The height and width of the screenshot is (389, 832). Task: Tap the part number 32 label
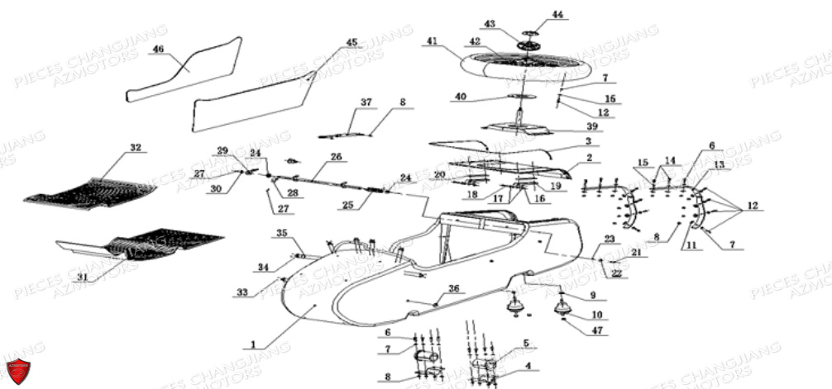pos(136,148)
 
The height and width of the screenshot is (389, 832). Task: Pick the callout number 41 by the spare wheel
pos(432,40)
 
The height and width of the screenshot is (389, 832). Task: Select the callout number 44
pos(557,15)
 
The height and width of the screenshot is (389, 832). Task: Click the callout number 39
pos(592,126)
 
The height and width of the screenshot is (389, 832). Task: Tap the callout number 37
pos(366,102)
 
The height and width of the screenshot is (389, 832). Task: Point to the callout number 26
pos(336,156)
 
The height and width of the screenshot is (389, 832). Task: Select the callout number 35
pos(281,234)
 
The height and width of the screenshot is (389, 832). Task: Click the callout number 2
pos(589,157)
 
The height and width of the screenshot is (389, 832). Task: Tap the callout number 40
pos(461,97)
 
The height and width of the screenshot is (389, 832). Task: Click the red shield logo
pos(17,371)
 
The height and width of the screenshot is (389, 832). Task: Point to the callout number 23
pos(610,239)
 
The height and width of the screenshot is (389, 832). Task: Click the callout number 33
pos(241,292)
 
